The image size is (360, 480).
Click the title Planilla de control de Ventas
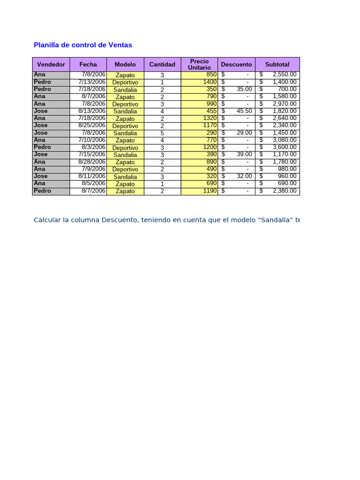click(83, 45)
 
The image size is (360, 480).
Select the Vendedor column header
click(51, 64)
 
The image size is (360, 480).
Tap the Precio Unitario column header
click(199, 64)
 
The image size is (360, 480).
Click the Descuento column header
click(236, 64)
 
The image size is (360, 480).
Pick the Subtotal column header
click(277, 64)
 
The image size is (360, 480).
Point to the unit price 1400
click(210, 82)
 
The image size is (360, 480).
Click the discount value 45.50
click(244, 111)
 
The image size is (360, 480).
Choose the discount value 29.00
click(244, 133)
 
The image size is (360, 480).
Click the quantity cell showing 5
click(162, 133)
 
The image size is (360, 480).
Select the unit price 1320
click(210, 118)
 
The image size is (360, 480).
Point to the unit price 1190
click(210, 191)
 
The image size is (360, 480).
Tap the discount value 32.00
click(244, 176)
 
